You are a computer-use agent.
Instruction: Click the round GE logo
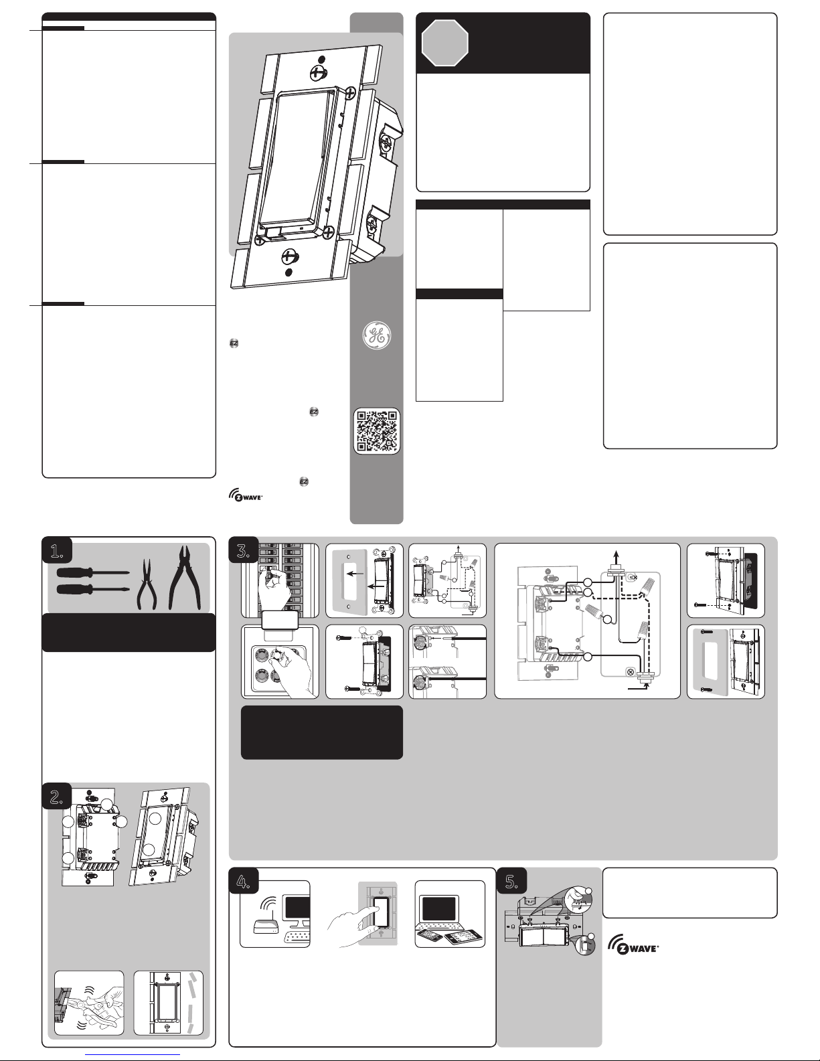pos(377,335)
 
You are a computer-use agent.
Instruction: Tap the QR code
pos(377,430)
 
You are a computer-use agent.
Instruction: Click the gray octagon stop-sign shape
pos(444,43)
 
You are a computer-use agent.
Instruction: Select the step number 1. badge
pos(57,550)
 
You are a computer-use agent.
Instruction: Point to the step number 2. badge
pos(57,796)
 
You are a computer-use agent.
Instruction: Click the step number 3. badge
pos(244,550)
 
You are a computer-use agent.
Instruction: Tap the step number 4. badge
pos(244,881)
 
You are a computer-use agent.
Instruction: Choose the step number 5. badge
pos(511,881)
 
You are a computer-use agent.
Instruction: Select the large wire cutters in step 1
pos(185,578)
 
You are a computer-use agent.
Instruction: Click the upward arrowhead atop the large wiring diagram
pos(616,554)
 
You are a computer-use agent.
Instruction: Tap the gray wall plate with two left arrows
pos(351,581)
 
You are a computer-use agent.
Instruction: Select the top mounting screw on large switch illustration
pos(319,72)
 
